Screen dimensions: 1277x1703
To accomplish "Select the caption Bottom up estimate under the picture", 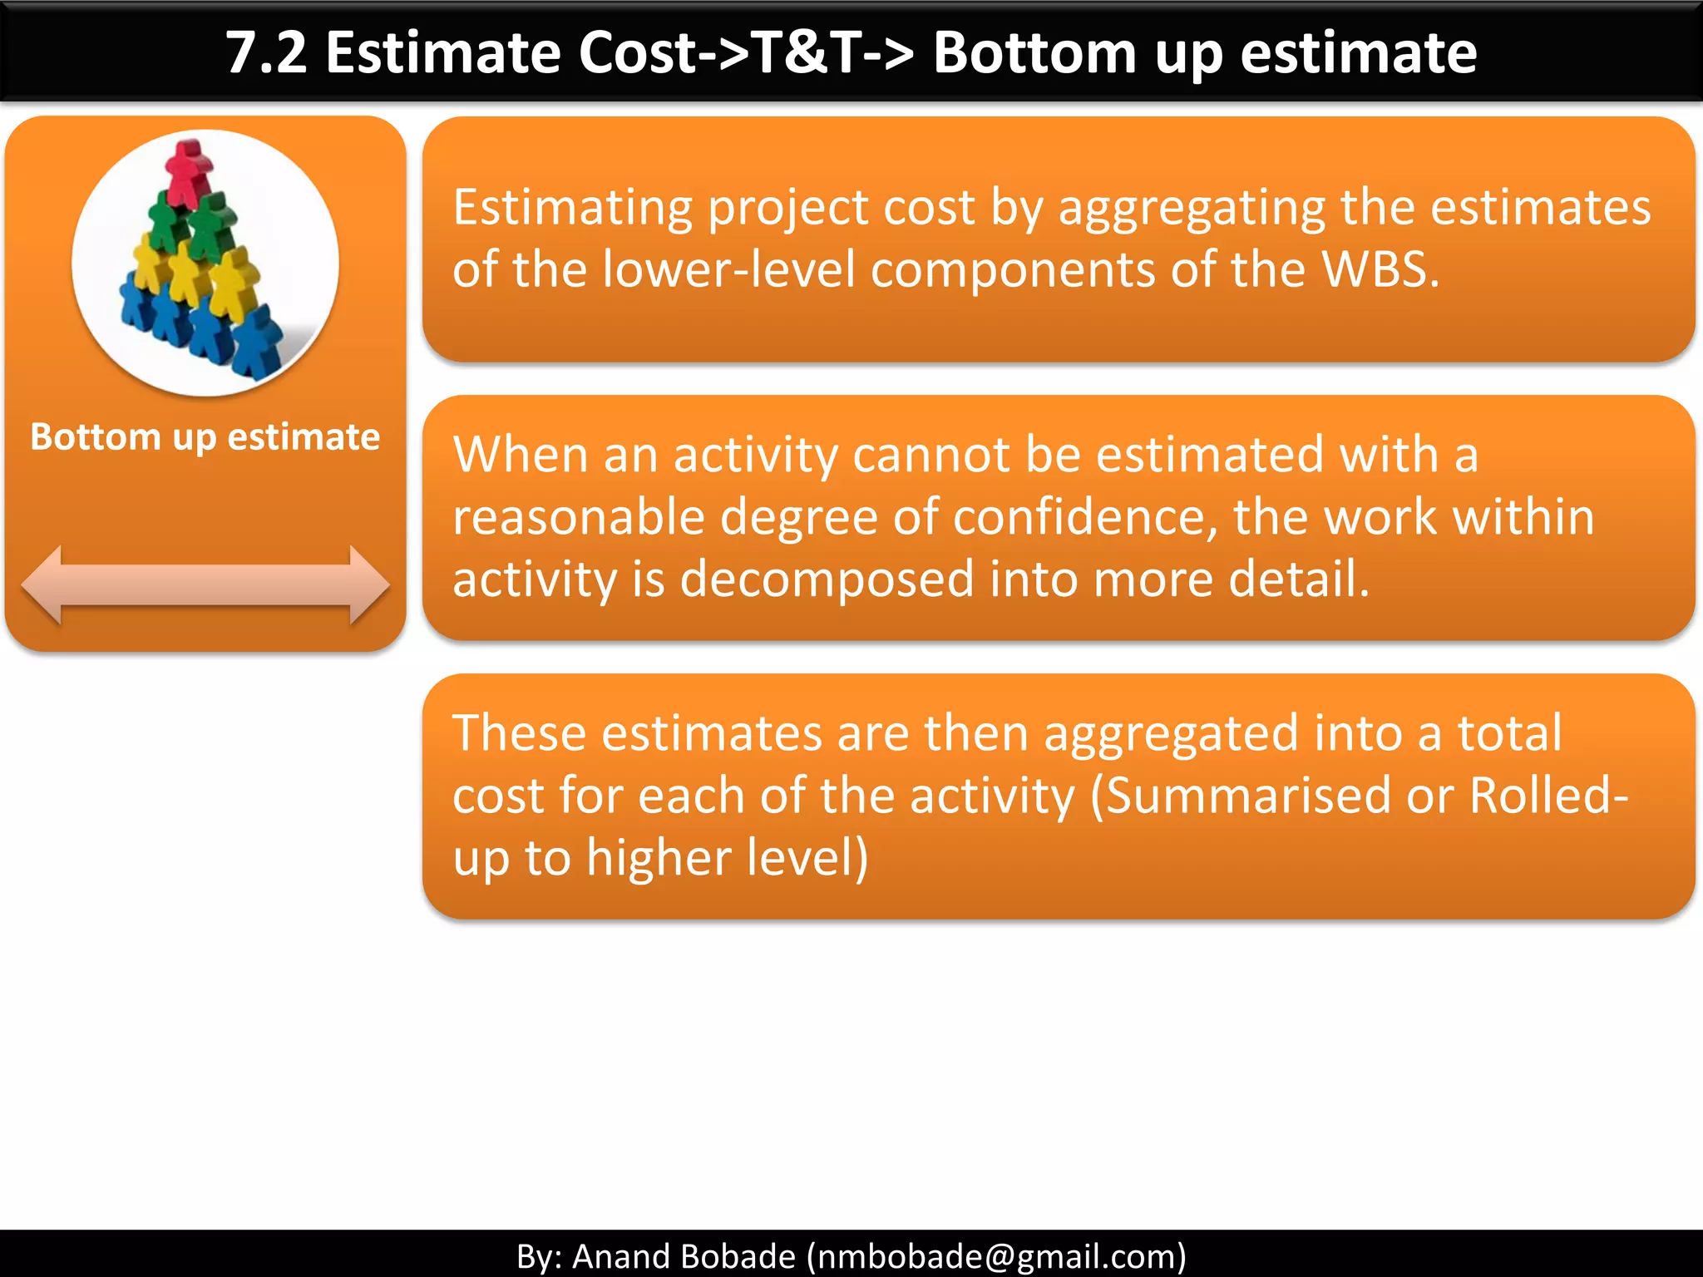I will (x=205, y=437).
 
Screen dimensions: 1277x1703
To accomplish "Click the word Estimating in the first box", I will (x=572, y=208).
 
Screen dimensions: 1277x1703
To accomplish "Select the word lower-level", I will (x=728, y=270).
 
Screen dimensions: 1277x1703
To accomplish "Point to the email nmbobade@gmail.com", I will (x=996, y=1256).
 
